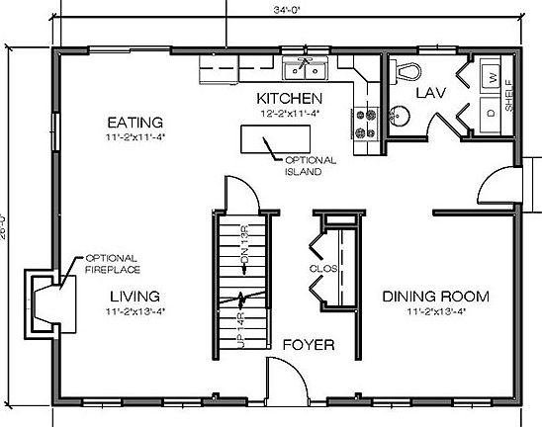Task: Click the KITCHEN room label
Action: pos(289,98)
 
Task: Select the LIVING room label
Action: pos(135,296)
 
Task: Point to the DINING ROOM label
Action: pos(435,296)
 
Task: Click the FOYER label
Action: pos(308,345)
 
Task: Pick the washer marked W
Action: pos(490,77)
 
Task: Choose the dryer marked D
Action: pos(490,112)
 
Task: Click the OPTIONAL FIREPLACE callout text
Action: pos(112,263)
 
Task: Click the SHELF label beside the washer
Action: pos(509,95)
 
